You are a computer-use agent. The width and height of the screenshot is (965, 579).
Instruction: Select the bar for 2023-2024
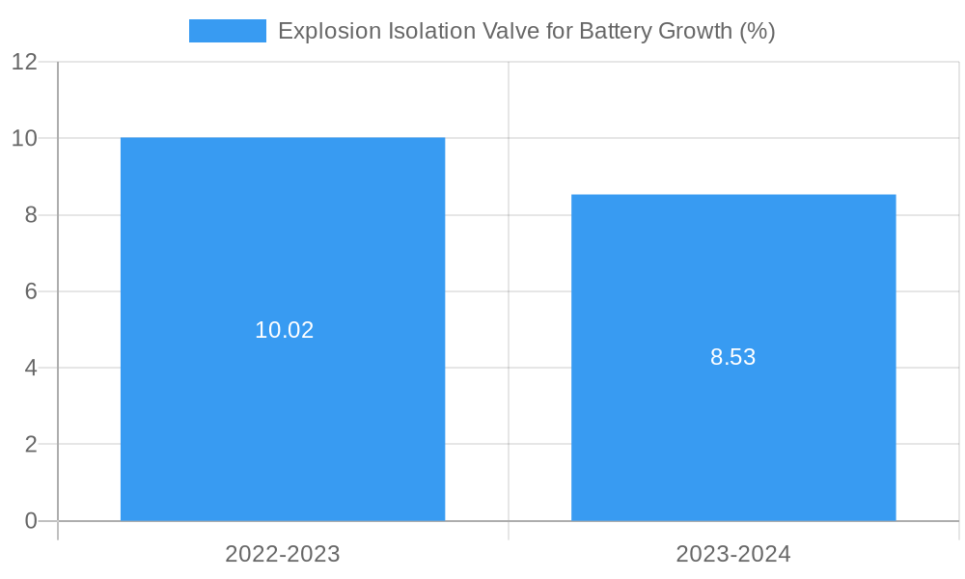[x=733, y=434]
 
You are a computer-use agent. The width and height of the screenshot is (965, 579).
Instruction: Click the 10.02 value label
[x=285, y=330]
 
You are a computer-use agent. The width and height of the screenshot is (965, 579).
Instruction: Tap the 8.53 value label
[x=733, y=357]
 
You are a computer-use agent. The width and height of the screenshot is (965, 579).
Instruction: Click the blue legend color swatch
[x=228, y=31]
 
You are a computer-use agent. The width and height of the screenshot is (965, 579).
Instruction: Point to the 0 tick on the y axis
[x=31, y=521]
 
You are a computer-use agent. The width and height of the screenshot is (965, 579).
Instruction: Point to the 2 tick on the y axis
[x=31, y=445]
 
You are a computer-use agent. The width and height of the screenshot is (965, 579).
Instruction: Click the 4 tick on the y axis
[x=31, y=369]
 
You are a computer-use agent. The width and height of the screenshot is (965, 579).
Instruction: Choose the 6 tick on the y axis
[x=31, y=291]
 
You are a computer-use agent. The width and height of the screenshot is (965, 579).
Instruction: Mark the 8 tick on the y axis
[x=31, y=215]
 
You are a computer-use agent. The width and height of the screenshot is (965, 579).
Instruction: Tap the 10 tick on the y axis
[x=25, y=138]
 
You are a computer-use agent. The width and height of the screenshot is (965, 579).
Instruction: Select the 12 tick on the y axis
[x=25, y=62]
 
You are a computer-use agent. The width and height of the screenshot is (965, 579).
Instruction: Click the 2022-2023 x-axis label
[x=283, y=554]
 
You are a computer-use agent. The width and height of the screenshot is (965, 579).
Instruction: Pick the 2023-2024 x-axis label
[x=733, y=554]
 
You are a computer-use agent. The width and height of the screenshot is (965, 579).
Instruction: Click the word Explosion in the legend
[x=328, y=31]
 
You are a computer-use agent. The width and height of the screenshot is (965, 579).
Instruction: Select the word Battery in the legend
[x=615, y=31]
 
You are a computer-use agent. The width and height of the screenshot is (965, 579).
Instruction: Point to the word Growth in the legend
[x=695, y=31]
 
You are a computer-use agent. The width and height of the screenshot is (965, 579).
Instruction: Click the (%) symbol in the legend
[x=758, y=31]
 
